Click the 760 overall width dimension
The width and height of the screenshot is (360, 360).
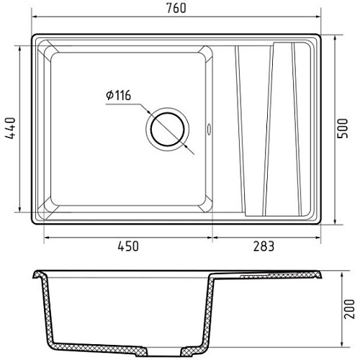click(176, 8)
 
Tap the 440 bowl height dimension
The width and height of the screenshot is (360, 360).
click(10, 128)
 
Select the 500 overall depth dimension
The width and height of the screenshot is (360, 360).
click(343, 128)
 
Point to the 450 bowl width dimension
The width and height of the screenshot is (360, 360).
click(128, 246)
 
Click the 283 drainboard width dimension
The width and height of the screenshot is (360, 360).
click(264, 246)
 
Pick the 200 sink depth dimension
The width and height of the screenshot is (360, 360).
click(349, 309)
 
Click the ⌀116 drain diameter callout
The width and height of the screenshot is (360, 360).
click(119, 95)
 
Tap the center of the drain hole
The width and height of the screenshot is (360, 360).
click(168, 130)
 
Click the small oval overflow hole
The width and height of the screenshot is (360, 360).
click(209, 128)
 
